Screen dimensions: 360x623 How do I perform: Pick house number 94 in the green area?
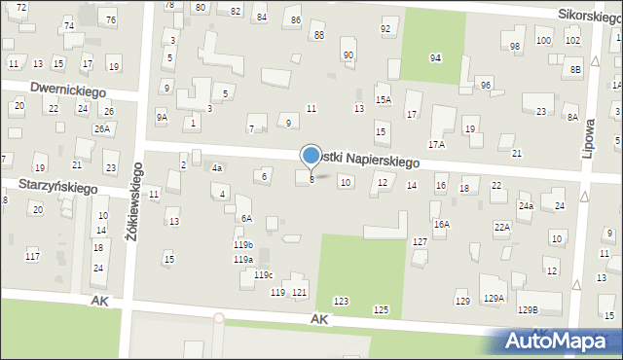coord(436,58)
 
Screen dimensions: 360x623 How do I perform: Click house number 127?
coord(420,241)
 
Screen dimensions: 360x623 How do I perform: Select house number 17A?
coord(436,144)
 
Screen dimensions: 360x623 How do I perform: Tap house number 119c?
coord(264,275)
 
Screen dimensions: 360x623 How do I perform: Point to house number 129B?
coord(527,309)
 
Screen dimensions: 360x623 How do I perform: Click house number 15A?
coord(384,99)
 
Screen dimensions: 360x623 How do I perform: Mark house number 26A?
coord(102,128)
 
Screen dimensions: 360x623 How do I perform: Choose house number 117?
coord(32,256)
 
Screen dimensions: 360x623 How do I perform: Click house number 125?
coord(381,309)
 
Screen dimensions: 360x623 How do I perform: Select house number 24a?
coord(526,206)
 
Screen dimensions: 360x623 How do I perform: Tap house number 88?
coord(318,35)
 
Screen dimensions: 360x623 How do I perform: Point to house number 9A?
coord(162,117)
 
